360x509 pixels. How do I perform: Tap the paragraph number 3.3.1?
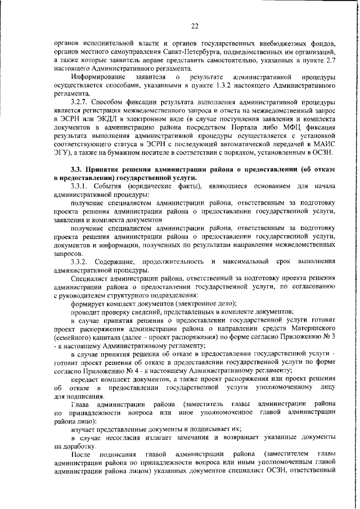tap(82, 186)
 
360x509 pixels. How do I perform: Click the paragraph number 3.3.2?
tap(82, 262)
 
